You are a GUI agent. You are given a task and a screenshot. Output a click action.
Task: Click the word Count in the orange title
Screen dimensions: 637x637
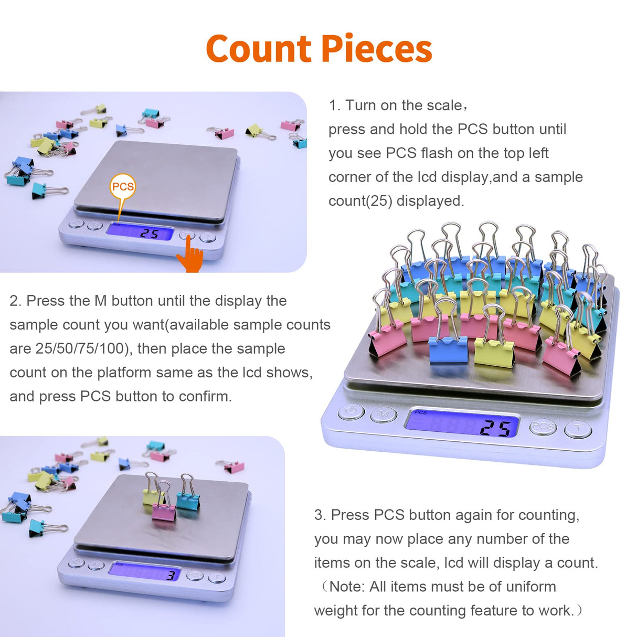[x=258, y=49]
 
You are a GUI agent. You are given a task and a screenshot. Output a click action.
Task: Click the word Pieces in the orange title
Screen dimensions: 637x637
[x=376, y=49]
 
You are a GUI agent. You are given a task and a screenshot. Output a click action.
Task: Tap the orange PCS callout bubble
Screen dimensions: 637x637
[x=123, y=187]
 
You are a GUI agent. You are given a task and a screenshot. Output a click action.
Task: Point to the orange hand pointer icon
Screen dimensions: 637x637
[x=190, y=256]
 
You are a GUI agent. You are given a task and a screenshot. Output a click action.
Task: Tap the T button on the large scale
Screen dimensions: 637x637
[x=578, y=430]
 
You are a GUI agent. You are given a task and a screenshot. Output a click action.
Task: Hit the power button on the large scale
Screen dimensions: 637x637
[x=351, y=411]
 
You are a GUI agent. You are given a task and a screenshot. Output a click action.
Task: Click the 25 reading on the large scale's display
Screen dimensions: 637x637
[x=495, y=428]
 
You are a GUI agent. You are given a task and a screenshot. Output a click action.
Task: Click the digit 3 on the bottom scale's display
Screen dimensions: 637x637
[x=171, y=576]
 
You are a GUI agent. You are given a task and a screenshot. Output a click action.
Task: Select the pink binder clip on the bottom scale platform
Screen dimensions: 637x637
[x=164, y=511]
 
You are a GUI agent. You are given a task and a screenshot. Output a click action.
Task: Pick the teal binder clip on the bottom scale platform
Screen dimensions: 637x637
[x=188, y=500]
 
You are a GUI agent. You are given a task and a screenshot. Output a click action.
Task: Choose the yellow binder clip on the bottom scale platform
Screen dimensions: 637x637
[x=152, y=496]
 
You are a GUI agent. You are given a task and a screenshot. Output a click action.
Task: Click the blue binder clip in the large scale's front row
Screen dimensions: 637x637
[x=448, y=349]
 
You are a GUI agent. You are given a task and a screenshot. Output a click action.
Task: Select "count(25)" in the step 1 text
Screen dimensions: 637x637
[x=360, y=201]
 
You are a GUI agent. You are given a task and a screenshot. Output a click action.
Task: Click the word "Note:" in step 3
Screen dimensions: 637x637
[x=347, y=587]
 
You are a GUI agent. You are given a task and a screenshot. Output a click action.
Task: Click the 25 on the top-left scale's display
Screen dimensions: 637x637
[x=150, y=233]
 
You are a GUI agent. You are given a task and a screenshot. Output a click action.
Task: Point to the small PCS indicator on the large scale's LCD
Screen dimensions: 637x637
[x=420, y=413]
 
